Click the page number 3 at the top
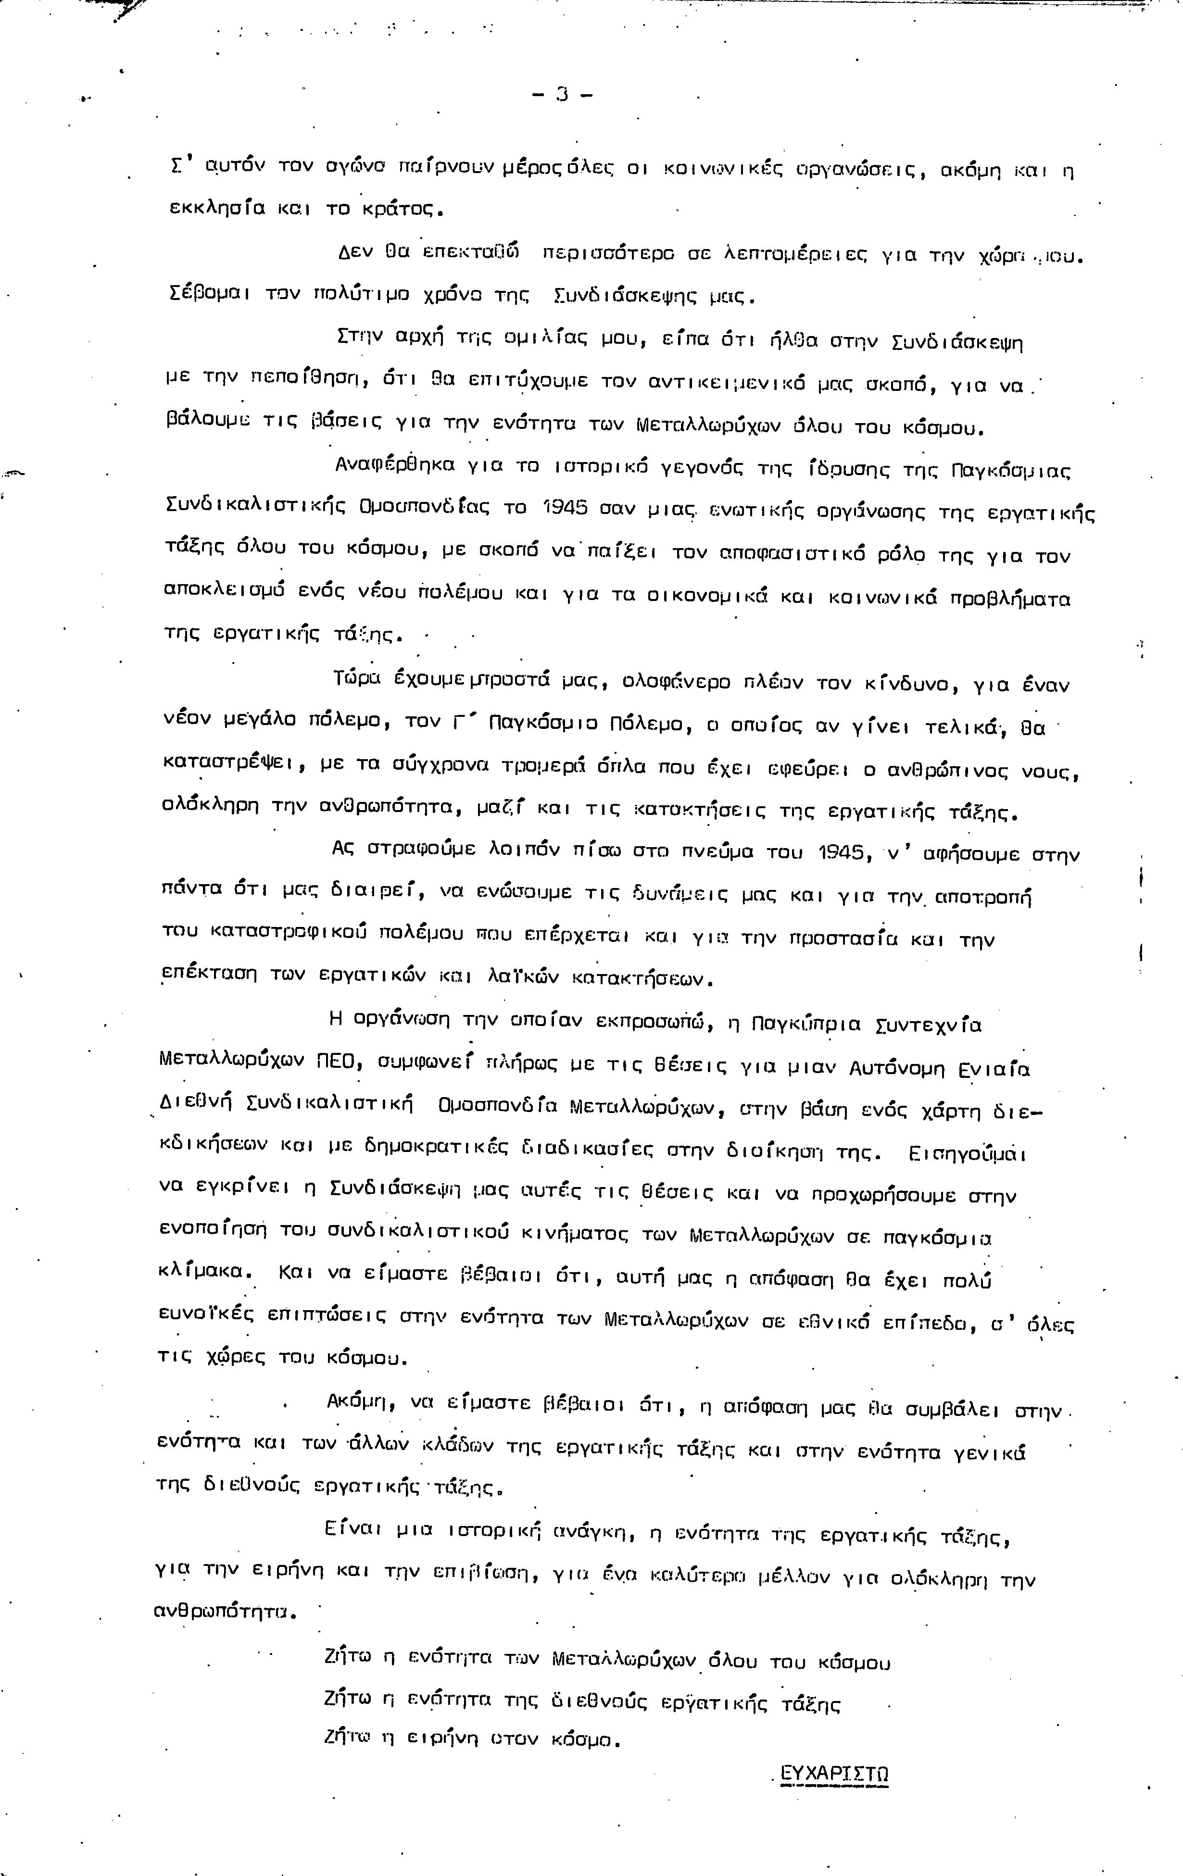point(562,95)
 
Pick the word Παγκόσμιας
point(1011,471)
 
